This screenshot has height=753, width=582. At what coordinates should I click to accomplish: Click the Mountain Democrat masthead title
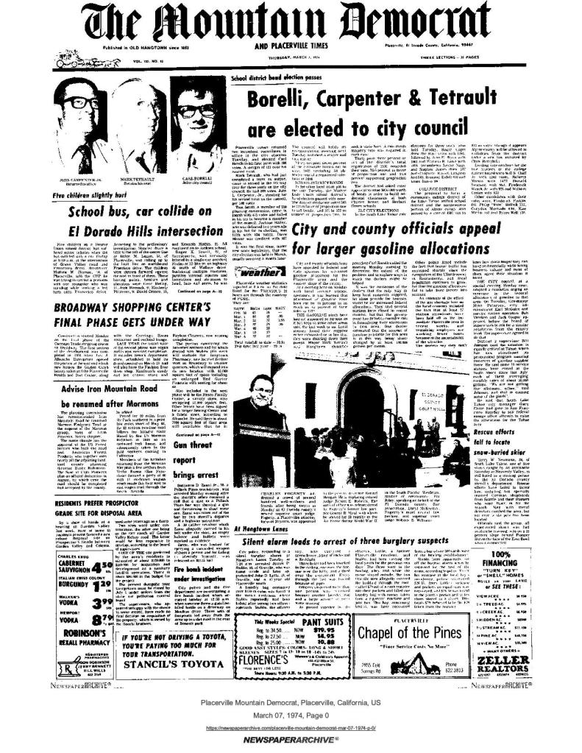pyautogui.click(x=291, y=24)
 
